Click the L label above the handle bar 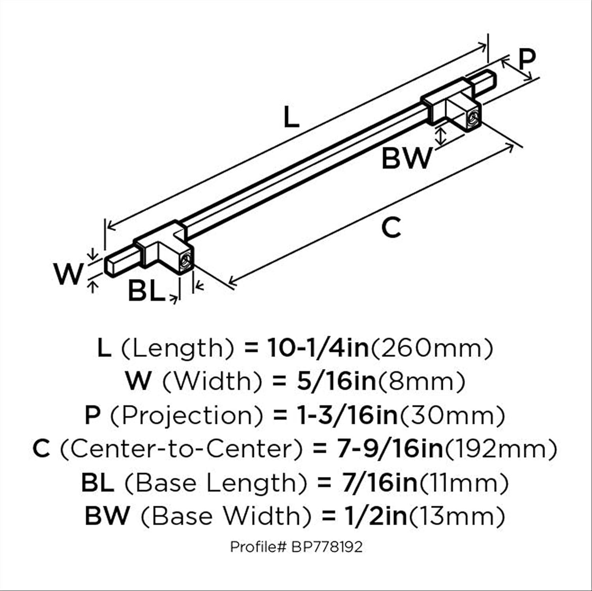point(291,118)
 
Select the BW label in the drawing point(407,158)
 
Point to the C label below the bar point(392,228)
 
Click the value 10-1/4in point(318,348)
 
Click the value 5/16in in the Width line point(337,382)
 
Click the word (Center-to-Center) point(181,449)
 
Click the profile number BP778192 point(327,547)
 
